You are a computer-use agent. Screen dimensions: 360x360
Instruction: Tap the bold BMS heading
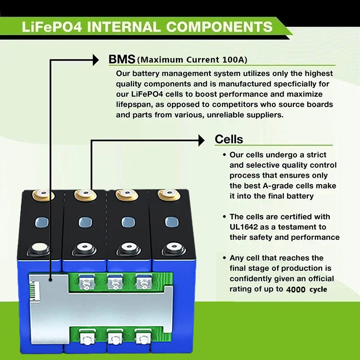(121, 59)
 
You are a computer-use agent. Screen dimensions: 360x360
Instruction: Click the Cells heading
(229, 139)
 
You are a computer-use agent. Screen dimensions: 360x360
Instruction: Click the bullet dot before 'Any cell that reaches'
(224, 258)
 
